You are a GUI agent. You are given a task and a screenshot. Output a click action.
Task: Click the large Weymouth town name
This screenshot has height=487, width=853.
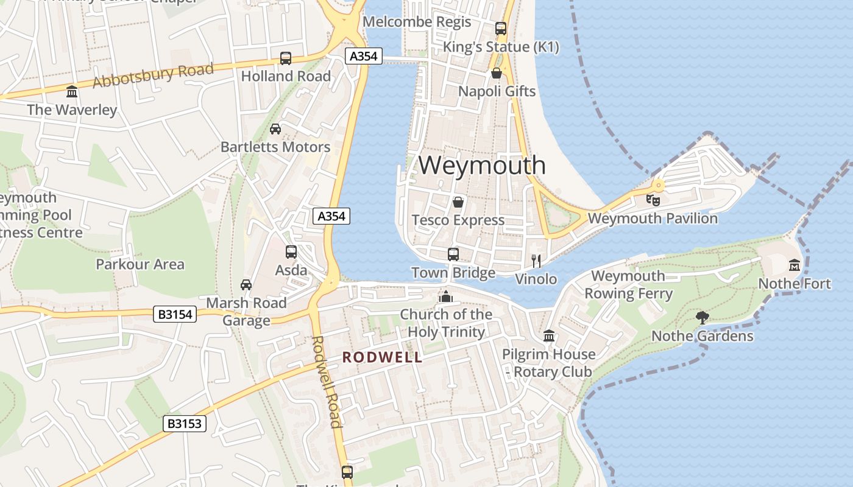pyautogui.click(x=482, y=166)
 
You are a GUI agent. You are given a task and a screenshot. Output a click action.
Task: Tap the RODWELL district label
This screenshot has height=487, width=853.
pyautogui.click(x=382, y=357)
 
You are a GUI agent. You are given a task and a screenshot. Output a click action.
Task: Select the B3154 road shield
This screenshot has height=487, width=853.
pyautogui.click(x=175, y=314)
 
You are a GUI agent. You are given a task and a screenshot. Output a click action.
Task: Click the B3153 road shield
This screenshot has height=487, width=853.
pyautogui.click(x=185, y=424)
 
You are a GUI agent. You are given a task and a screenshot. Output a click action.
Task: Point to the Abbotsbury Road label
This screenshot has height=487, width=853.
pyautogui.click(x=153, y=75)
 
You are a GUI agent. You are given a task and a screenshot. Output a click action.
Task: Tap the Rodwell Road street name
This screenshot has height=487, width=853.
pyautogui.click(x=327, y=382)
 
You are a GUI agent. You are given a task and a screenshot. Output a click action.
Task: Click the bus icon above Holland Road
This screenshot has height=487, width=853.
pyautogui.click(x=286, y=58)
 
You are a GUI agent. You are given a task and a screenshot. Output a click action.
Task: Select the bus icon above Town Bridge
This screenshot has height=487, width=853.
pyautogui.click(x=453, y=254)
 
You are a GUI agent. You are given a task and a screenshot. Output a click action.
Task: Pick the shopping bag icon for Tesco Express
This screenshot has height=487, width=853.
pyautogui.click(x=458, y=202)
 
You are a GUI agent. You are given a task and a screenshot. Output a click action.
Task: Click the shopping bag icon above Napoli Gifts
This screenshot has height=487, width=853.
pyautogui.click(x=497, y=74)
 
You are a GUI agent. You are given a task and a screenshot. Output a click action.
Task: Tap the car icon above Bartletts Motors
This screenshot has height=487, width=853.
pyautogui.click(x=275, y=129)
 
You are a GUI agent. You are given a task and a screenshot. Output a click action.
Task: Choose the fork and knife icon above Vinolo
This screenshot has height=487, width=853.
pyautogui.click(x=536, y=261)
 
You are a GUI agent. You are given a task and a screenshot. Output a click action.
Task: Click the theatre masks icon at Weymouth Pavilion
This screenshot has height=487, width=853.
pyautogui.click(x=653, y=200)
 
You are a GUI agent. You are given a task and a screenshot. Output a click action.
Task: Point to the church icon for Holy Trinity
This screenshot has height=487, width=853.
pyautogui.click(x=446, y=296)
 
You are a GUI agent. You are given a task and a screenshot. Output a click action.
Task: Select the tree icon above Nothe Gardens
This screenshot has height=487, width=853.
pyautogui.click(x=703, y=317)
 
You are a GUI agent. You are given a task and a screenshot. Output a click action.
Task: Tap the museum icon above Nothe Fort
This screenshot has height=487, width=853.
pyautogui.click(x=795, y=265)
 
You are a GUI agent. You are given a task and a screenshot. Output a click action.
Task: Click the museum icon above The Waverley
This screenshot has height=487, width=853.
pyautogui.click(x=72, y=92)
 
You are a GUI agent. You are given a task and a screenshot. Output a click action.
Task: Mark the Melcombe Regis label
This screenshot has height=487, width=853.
pyautogui.click(x=417, y=22)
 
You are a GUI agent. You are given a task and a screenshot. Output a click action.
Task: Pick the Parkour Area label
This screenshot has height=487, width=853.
pyautogui.click(x=140, y=264)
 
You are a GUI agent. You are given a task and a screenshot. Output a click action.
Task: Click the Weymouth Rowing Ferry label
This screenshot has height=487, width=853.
pyautogui.click(x=628, y=285)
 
